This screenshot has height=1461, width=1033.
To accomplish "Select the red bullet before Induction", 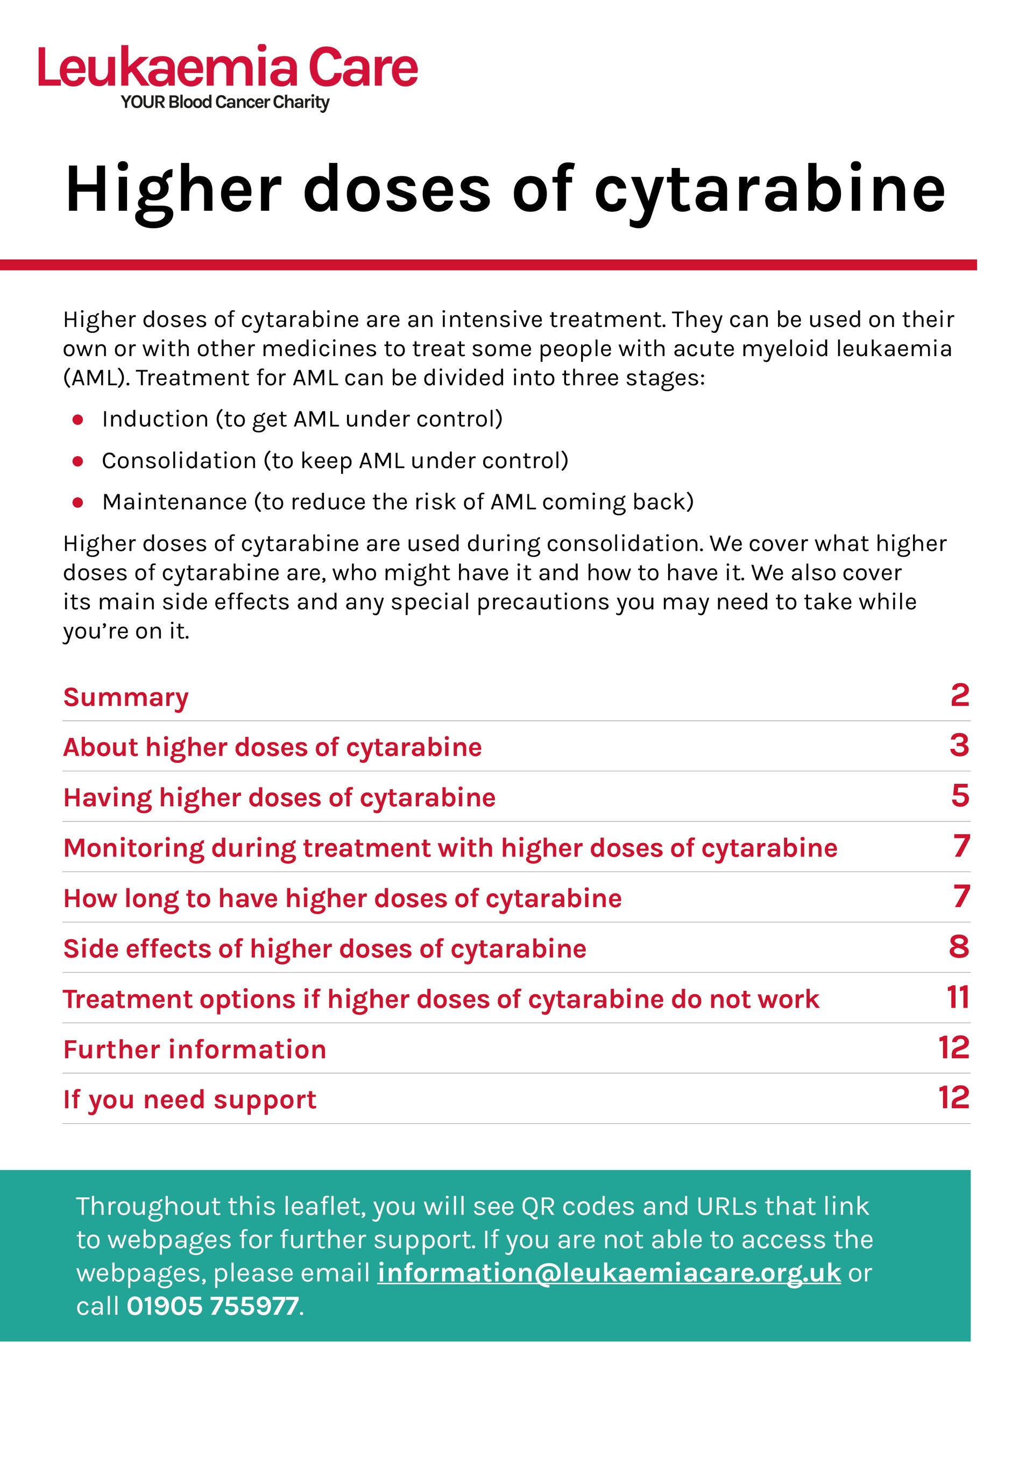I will [x=77, y=420].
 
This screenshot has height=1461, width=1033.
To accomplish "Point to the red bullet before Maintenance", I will [x=77, y=503].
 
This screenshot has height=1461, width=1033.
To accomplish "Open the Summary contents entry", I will [x=126, y=697].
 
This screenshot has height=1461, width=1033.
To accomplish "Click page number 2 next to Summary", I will [x=959, y=695].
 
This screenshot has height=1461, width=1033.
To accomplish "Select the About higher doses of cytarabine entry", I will [x=272, y=747].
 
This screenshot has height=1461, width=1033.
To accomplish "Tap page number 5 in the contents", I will [x=960, y=796].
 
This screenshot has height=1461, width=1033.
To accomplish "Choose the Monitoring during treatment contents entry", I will [x=450, y=848].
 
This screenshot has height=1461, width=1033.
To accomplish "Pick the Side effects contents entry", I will [x=324, y=949].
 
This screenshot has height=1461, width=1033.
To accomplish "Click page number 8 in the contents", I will [x=959, y=947].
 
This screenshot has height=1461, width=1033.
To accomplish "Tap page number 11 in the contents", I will [x=957, y=997].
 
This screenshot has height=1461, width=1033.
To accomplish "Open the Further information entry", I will [x=195, y=1050].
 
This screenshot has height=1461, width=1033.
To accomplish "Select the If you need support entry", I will [x=190, y=1100].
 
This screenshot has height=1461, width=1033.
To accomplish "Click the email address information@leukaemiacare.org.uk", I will [x=609, y=1273].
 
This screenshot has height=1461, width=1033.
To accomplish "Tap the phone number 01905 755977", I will [x=213, y=1307].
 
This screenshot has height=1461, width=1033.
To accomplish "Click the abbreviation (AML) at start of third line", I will [x=96, y=378].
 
